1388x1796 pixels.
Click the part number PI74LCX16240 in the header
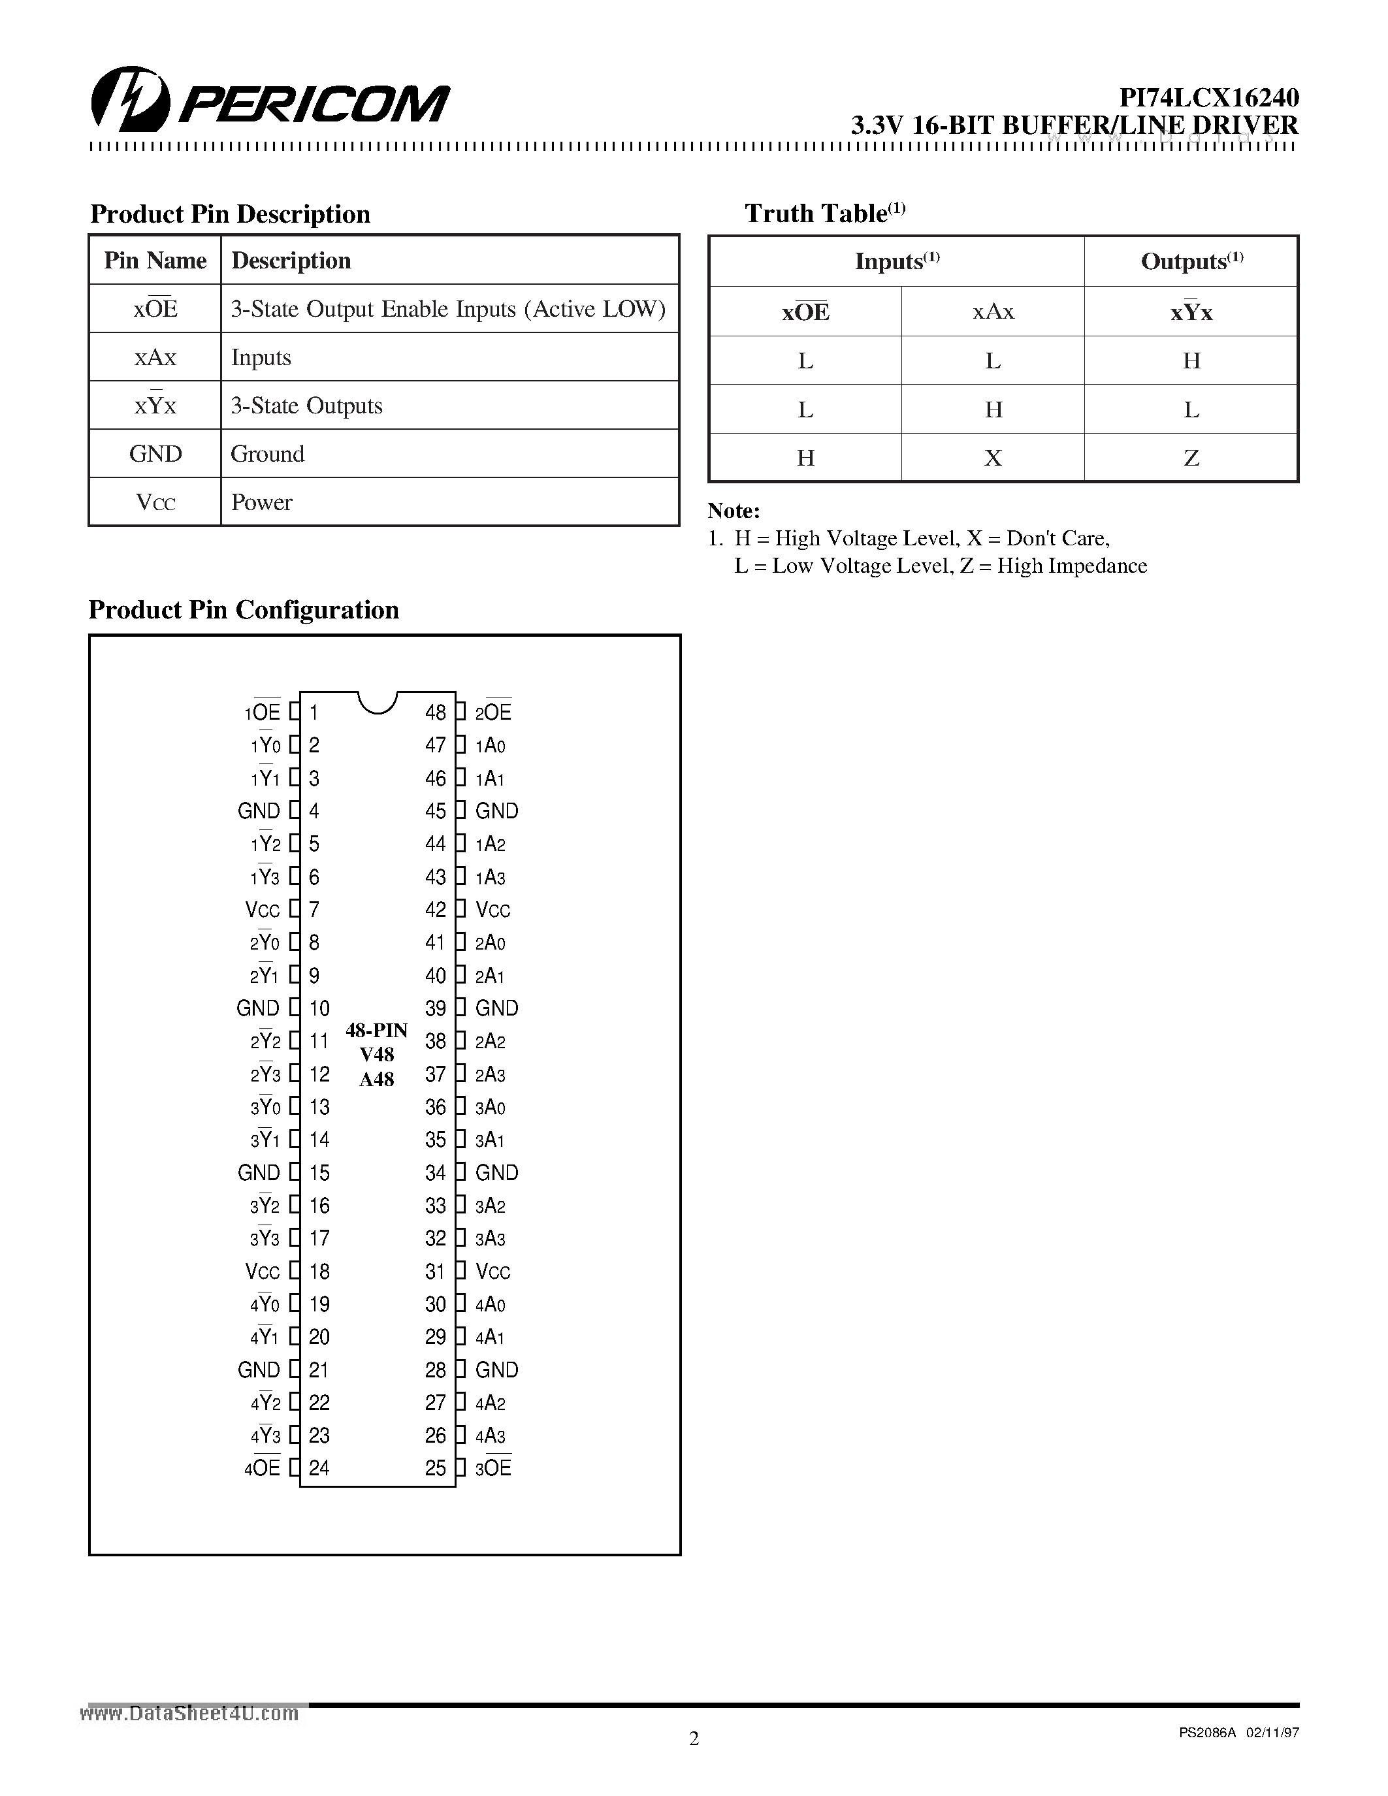[x=1209, y=98]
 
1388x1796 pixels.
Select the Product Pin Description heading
[x=230, y=214]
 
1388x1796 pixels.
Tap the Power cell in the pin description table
[x=261, y=502]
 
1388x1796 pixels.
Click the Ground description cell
[x=267, y=454]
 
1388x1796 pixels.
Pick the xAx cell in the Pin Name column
[x=155, y=357]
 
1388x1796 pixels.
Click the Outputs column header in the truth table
[x=1191, y=261]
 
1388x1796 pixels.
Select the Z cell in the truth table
[x=1191, y=457]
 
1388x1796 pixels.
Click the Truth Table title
[x=824, y=213]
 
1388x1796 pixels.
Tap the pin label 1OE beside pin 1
[x=263, y=712]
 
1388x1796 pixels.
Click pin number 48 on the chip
[x=435, y=712]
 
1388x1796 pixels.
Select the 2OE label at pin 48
[x=493, y=712]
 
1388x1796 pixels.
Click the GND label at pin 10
[x=257, y=1008]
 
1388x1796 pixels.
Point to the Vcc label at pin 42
[x=493, y=910]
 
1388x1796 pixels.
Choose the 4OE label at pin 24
[x=263, y=1469]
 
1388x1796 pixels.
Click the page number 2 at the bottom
[x=694, y=1738]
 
